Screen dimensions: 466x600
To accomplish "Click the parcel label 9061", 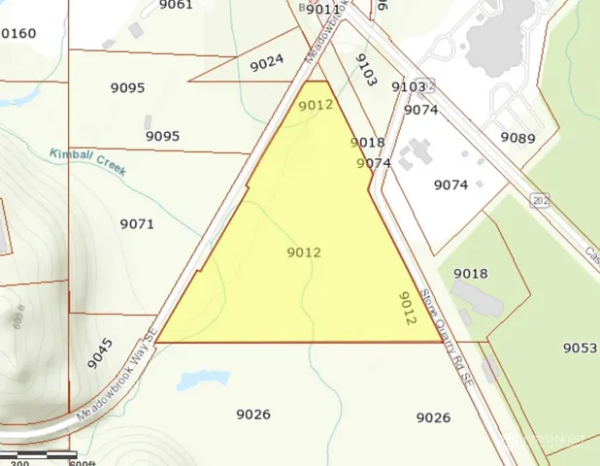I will pos(176,5).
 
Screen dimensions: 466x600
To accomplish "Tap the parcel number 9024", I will pos(267,63).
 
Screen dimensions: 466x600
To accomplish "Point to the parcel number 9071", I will pos(137,224).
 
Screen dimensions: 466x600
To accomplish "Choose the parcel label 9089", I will pos(517,138).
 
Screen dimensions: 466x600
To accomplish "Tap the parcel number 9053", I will pos(580,348).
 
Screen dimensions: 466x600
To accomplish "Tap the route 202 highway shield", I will pos(539,199).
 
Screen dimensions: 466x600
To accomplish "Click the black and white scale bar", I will pos(39,453).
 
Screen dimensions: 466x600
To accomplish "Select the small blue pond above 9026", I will pos(203,378).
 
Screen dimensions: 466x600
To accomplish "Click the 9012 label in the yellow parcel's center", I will pos(304,252).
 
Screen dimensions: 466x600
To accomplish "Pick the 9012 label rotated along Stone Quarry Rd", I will pos(408,312).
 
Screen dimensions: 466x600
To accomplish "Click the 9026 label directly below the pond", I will pos(253,415).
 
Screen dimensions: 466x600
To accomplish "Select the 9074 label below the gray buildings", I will pos(450,184).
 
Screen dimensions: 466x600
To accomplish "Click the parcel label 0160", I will pos(18,34).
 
